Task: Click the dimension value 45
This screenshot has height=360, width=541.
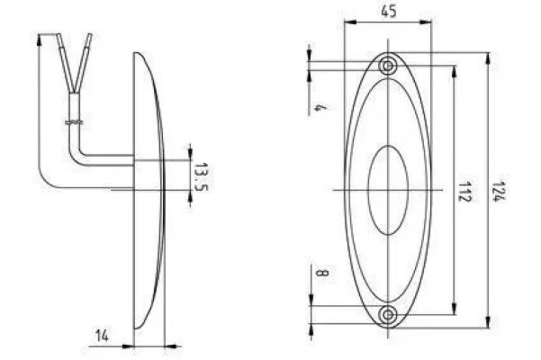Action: point(389,12)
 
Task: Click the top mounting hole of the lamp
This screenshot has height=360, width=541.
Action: point(389,66)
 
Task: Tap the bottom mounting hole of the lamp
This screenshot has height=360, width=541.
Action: point(389,314)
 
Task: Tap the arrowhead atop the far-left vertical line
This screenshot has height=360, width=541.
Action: point(41,38)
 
